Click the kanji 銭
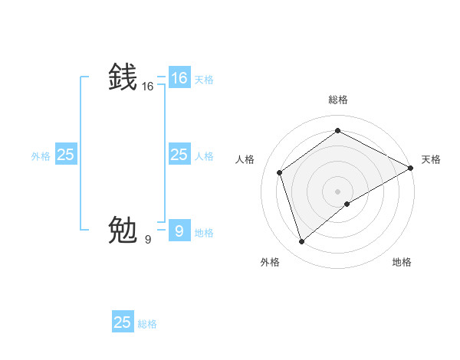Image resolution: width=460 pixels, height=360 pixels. click(123, 78)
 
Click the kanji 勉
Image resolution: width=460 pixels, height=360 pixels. click(123, 230)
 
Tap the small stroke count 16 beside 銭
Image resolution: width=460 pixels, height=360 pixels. click(148, 87)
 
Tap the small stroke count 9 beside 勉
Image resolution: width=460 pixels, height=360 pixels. click(148, 239)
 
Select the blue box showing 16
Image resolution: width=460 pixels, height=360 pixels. click(179, 78)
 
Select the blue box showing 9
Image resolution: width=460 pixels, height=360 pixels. click(179, 230)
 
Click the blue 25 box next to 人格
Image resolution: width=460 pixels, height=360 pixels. click(179, 155)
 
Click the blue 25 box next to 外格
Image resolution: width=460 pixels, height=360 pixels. click(65, 155)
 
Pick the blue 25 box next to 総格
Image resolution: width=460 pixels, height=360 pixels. click(123, 322)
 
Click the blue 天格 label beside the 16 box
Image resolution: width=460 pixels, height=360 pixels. click(204, 79)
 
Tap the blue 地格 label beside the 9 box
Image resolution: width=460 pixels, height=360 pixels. click(204, 233)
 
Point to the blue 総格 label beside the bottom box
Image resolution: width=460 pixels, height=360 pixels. click(147, 324)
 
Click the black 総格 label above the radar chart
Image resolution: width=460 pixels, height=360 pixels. click(337, 100)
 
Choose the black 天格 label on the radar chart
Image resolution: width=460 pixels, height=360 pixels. click(431, 159)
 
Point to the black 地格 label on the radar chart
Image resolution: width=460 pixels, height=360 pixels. click(402, 262)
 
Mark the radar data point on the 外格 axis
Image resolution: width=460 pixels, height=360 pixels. click(301, 242)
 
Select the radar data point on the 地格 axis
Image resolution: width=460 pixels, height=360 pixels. click(347, 204)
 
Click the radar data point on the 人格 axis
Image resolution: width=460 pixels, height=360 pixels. click(280, 172)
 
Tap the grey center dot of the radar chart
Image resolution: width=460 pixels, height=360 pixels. click(337, 191)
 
